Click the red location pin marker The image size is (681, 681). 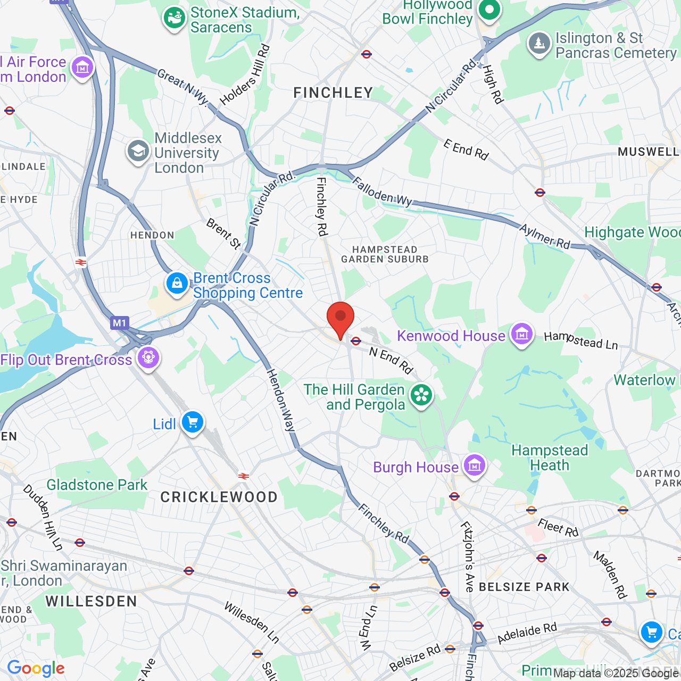340,318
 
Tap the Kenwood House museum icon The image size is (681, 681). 522,334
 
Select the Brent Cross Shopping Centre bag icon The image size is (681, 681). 177,283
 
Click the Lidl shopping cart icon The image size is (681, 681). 192,422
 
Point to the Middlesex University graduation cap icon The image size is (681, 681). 138,151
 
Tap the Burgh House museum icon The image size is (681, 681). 474,466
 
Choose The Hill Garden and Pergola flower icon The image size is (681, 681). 421,395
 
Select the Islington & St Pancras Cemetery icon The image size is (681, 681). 539,43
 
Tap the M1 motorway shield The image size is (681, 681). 119,322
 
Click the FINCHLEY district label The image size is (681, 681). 333,93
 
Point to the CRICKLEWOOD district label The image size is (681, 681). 219,497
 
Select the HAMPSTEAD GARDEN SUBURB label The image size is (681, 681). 385,254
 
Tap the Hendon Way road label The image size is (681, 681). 281,400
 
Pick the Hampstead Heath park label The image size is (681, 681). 550,458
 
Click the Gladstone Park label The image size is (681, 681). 97,485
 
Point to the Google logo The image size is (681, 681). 36,668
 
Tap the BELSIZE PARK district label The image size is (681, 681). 524,587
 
